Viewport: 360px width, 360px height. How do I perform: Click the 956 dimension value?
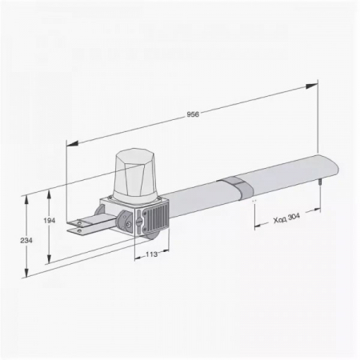(x=193, y=114)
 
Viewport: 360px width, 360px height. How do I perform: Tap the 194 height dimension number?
(x=49, y=221)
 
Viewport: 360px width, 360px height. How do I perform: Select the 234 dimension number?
(x=26, y=241)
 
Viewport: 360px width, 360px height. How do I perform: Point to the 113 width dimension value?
(x=152, y=254)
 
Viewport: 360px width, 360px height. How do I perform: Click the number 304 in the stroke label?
(x=294, y=217)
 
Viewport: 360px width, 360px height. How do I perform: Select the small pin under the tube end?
(x=319, y=182)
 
